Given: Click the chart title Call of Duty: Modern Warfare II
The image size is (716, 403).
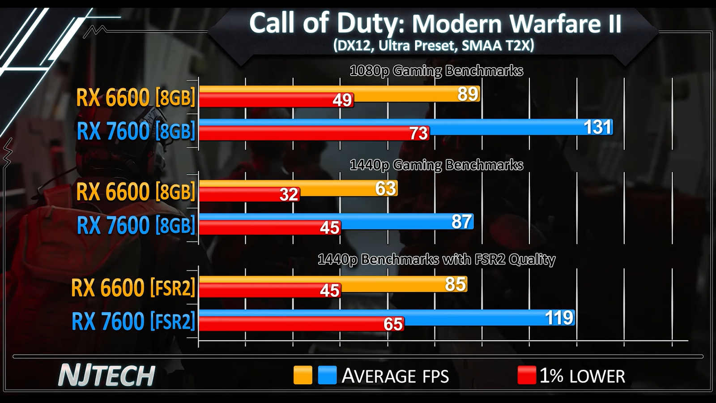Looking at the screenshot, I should click(x=435, y=23).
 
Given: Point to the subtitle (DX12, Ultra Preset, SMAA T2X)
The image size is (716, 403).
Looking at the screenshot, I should click(x=433, y=46).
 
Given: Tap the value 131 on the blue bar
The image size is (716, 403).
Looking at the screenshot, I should click(x=597, y=128).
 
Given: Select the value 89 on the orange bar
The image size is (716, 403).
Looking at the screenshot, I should click(x=468, y=94).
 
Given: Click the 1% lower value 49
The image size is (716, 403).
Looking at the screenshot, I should click(x=342, y=100).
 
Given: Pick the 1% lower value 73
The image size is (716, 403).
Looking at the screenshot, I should click(x=418, y=133).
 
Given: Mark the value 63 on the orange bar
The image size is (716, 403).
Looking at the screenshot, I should click(x=386, y=189).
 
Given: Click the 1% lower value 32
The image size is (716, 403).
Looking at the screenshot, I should click(x=289, y=194).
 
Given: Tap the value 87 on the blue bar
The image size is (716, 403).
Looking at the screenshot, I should click(x=461, y=222).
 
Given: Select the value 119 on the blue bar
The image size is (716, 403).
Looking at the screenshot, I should click(x=559, y=317).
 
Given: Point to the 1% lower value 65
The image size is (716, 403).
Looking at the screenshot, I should click(x=393, y=324).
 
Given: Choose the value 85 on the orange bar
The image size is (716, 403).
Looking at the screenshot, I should click(x=456, y=284).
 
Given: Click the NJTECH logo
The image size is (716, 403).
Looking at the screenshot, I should click(x=107, y=376).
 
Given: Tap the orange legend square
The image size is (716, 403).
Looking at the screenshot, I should click(x=303, y=375).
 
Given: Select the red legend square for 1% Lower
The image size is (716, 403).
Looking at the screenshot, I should click(x=526, y=375).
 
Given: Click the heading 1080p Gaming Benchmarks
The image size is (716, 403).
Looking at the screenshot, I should click(x=436, y=71).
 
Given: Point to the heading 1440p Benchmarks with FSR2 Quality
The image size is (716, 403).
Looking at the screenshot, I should click(x=436, y=260).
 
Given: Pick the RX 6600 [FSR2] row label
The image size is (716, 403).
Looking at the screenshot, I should click(x=133, y=287).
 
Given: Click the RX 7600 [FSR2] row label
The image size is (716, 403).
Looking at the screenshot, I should click(x=133, y=321).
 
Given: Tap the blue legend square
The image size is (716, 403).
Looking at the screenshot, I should click(x=327, y=375).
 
